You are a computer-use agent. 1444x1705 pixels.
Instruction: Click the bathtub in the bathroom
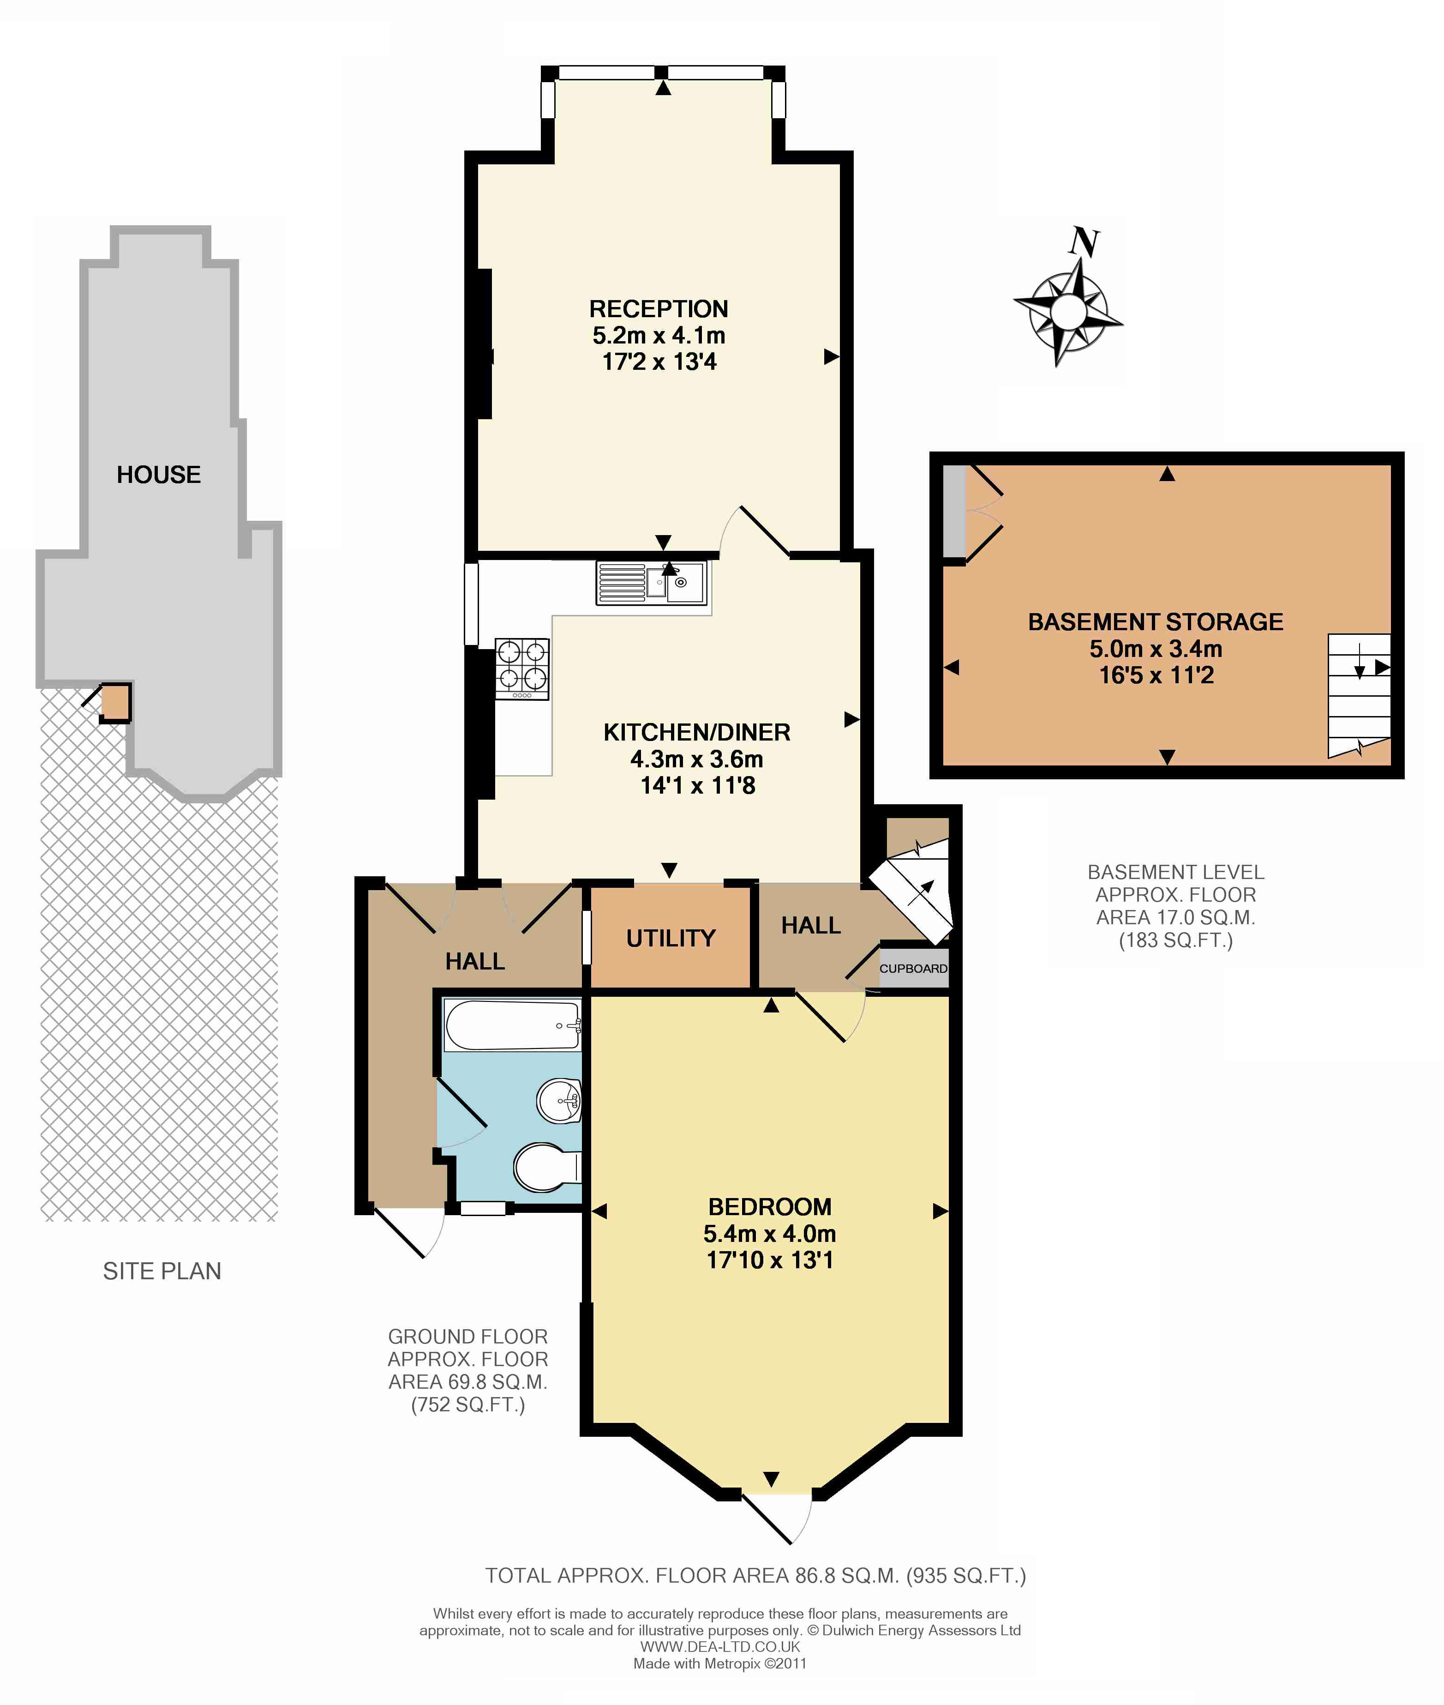[x=512, y=1024]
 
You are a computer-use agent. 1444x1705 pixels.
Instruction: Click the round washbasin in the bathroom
[x=559, y=1101]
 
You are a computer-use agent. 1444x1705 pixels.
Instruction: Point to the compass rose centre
[x=1067, y=311]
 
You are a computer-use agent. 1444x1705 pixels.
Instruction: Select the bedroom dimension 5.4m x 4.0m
[x=769, y=1233]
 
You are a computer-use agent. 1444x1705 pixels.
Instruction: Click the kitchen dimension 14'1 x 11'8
[x=697, y=785]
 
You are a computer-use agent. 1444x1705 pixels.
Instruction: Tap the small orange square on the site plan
[x=115, y=702]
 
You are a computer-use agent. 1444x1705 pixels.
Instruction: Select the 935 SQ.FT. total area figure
[x=966, y=1576]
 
